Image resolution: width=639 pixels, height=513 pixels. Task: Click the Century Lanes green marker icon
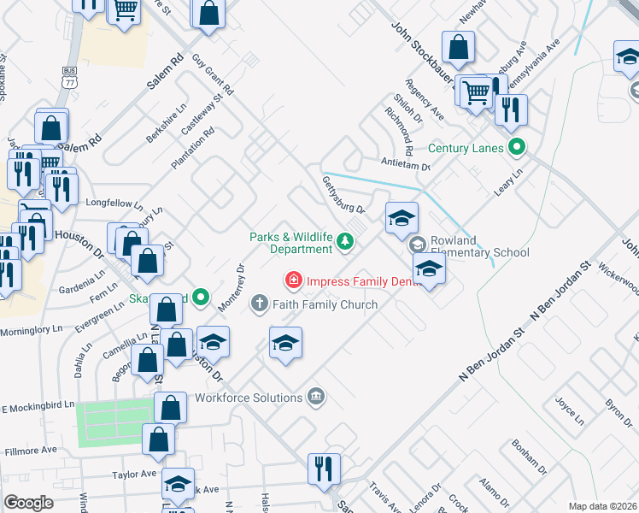(x=516, y=147)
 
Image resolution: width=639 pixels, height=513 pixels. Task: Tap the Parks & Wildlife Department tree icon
(x=345, y=243)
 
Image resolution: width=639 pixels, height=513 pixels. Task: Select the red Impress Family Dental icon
(x=293, y=280)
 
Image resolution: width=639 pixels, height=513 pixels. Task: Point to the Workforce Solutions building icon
(x=316, y=397)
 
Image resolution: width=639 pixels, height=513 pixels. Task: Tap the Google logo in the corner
(x=28, y=502)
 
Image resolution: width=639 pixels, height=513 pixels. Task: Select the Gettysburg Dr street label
(x=343, y=196)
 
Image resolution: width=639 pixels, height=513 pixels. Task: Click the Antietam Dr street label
(x=407, y=162)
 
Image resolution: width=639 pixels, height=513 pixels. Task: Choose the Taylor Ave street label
(x=133, y=474)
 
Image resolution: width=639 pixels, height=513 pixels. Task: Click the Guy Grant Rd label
(x=213, y=74)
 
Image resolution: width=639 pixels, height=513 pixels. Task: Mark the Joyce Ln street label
(x=569, y=410)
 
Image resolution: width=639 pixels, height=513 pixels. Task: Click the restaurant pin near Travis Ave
(x=325, y=469)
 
